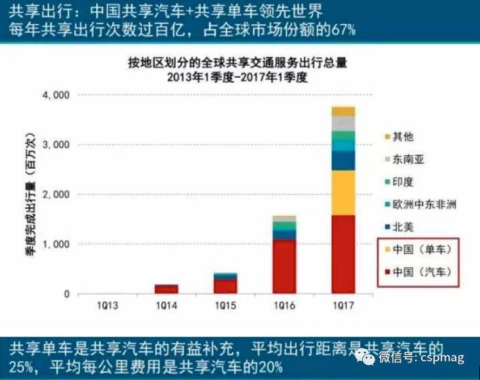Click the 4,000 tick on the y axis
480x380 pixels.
[x=56, y=95]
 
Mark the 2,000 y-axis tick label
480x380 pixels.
[x=56, y=195]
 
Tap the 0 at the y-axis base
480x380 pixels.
[x=66, y=294]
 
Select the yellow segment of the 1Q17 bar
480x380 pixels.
[x=343, y=193]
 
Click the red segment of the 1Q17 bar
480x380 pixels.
[x=343, y=255]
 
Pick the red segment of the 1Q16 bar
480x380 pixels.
[x=284, y=266]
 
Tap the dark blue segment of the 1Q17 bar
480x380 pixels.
[x=343, y=161]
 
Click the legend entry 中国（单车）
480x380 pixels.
[x=422, y=250]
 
